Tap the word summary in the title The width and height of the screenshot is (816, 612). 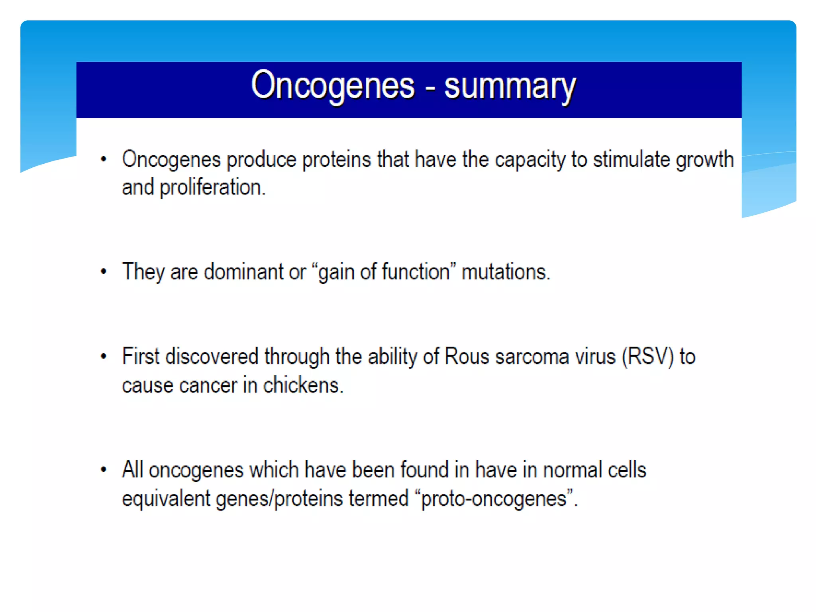tap(510, 87)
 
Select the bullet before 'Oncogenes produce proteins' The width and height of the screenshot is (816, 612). tap(104, 159)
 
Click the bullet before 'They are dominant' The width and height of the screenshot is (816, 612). tap(104, 272)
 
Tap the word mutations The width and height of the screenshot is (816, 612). tap(505, 272)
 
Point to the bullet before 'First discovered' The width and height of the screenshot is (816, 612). tap(104, 356)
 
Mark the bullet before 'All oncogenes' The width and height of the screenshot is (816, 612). tap(104, 470)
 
